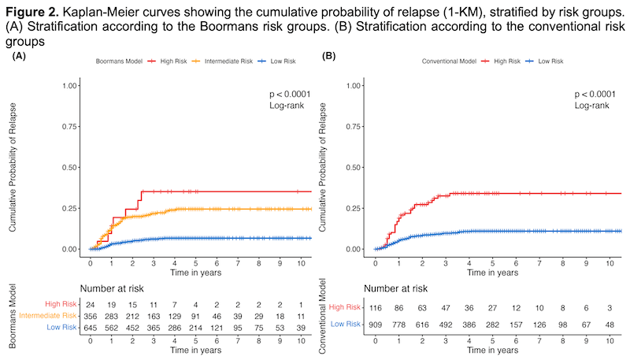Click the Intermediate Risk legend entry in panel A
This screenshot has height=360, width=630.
point(222,61)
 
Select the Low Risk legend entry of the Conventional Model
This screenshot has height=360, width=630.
point(545,61)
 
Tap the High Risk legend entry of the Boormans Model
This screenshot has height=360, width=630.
point(168,61)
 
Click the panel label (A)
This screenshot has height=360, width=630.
point(19,56)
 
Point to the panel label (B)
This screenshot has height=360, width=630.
point(328,56)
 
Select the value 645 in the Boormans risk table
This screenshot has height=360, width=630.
point(91,328)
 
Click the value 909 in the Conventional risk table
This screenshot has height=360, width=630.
point(376,325)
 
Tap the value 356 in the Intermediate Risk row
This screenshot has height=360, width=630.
point(91,316)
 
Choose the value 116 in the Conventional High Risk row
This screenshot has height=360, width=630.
point(376,308)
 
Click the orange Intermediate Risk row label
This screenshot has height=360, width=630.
point(48,315)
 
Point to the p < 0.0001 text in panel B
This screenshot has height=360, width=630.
point(595,94)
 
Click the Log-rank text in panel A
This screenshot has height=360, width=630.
point(287,106)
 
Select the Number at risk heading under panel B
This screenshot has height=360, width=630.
point(396,288)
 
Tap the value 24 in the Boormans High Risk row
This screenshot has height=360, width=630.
point(91,305)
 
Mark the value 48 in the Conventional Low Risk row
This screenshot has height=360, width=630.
point(610,325)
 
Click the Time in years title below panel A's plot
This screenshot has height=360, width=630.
point(195,273)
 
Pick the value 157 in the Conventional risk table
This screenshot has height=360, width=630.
point(516,325)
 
